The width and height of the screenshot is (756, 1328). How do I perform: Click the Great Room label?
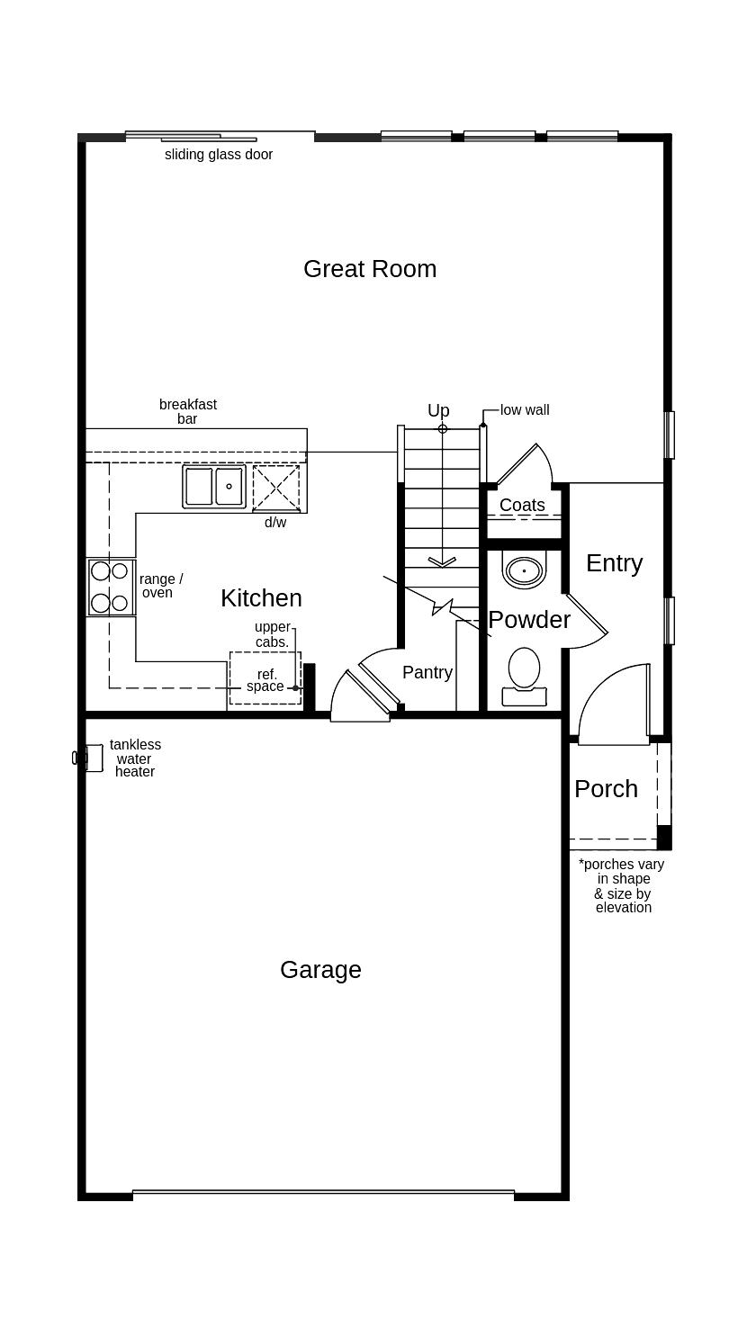pos(370,269)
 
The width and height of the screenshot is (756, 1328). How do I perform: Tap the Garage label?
pos(320,970)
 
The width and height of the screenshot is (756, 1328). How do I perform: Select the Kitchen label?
pos(262,598)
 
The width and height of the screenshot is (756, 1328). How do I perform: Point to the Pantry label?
pos(427,672)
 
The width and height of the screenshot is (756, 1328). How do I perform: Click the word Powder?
pos(529,620)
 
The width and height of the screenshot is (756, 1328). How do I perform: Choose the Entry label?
pos(615,564)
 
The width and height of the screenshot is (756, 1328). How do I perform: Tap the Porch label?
pos(606,789)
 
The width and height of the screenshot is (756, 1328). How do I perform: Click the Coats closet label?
pos(522,505)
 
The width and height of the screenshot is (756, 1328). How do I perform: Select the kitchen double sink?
pos(214,487)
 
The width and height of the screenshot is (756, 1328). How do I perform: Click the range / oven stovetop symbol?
pos(111,588)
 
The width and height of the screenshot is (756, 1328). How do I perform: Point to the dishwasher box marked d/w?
pos(276,488)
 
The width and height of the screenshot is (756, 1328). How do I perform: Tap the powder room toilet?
pos(524,677)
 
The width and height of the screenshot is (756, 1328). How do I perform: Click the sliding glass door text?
pos(219,155)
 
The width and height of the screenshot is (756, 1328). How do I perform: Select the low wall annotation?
pos(525,409)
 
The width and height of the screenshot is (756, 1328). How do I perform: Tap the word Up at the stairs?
pos(439,410)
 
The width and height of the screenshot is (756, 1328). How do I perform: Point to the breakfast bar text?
pos(188,411)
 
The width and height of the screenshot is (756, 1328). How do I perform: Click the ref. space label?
pos(265,680)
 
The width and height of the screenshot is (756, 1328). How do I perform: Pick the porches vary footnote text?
pos(622,885)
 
